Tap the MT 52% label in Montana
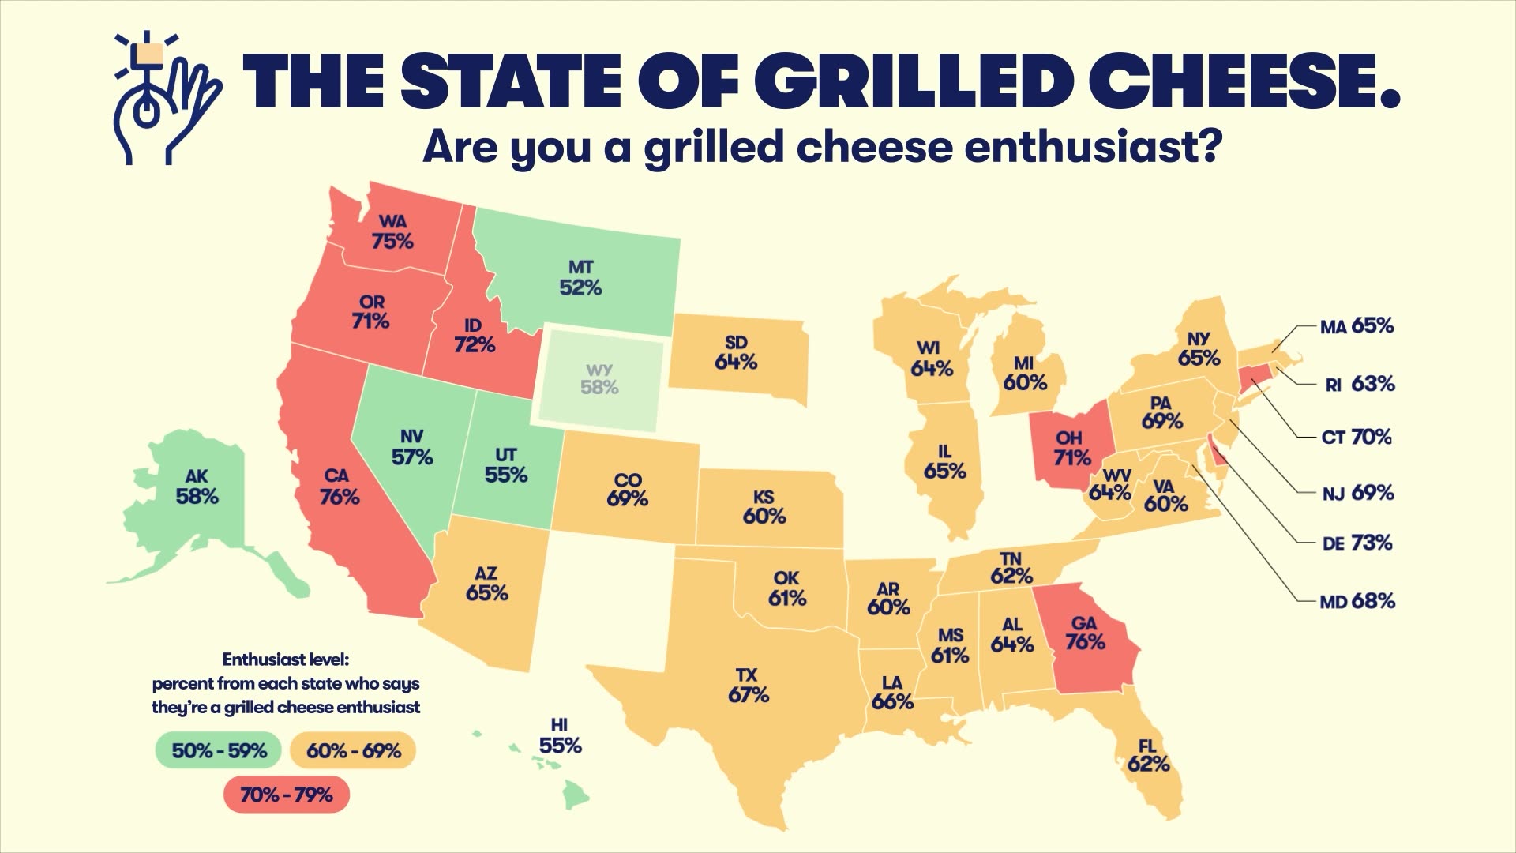580,278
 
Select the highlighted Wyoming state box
600,380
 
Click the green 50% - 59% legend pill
219,750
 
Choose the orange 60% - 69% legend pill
353,750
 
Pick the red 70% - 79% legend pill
286,795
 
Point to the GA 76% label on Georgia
1085,633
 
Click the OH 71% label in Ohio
1071,448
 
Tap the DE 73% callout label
1357,543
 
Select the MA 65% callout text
1357,325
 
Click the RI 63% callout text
1359,384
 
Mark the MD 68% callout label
1357,601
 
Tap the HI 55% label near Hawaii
560,735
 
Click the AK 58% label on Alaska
197,487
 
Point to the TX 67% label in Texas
748,685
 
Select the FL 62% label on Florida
1148,754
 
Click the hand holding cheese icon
164,99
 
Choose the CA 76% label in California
340,487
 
